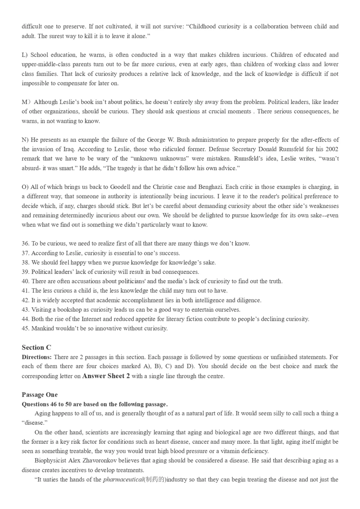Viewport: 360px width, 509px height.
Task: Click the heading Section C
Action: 36,347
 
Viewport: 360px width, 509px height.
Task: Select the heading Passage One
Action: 40,395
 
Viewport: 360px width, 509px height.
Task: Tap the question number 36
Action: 25,244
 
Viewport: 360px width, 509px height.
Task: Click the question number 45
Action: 25,328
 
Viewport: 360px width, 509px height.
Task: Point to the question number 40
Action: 25,281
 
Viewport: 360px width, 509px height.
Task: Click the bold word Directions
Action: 37,357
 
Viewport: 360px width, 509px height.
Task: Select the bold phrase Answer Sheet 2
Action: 106,376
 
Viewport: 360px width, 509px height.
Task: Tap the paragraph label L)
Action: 25,55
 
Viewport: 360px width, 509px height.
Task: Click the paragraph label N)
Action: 25,140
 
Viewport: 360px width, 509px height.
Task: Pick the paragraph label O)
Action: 25,187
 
